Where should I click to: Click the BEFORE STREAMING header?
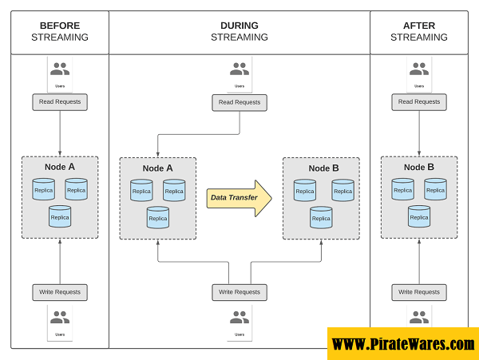coord(60,31)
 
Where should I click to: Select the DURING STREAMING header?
coord(239,31)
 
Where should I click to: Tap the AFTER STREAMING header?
coord(419,31)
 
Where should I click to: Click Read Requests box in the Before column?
coord(60,101)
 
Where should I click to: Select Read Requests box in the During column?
coord(239,102)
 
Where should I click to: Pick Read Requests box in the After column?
coord(419,101)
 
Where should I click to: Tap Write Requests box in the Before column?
coord(60,292)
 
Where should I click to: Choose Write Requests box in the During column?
coord(239,292)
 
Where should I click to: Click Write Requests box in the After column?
coord(419,292)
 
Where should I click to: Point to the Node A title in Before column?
coord(60,167)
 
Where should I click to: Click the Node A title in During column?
coord(158,168)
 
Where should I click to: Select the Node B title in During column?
coord(324,168)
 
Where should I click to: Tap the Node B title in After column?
coord(419,167)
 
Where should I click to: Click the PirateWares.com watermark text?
coord(402,344)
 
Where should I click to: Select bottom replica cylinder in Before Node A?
coord(60,216)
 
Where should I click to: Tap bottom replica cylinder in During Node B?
coord(321,217)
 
